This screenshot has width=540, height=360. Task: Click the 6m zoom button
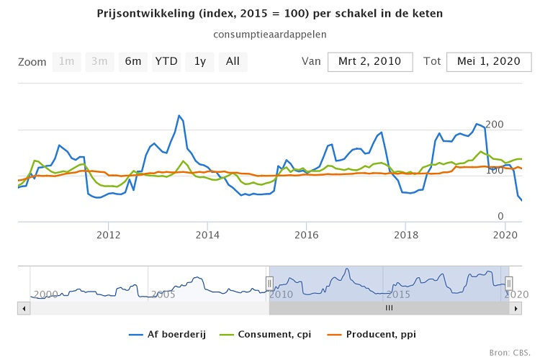click(133, 62)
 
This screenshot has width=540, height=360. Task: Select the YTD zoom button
click(166, 62)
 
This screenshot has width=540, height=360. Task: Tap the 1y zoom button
click(199, 62)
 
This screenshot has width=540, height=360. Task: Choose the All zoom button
click(233, 62)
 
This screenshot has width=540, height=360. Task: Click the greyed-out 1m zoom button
click(67, 62)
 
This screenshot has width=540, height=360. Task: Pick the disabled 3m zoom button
click(100, 62)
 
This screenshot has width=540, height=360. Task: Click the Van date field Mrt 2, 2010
click(370, 62)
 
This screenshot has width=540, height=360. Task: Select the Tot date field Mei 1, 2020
click(488, 62)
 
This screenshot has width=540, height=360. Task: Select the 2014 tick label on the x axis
click(207, 234)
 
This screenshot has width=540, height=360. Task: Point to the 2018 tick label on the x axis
click(406, 234)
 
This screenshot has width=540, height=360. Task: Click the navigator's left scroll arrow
click(24, 307)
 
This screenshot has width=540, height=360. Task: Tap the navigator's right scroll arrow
click(516, 307)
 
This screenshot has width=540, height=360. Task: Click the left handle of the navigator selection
click(269, 284)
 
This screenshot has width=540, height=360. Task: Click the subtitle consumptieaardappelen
click(270, 34)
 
